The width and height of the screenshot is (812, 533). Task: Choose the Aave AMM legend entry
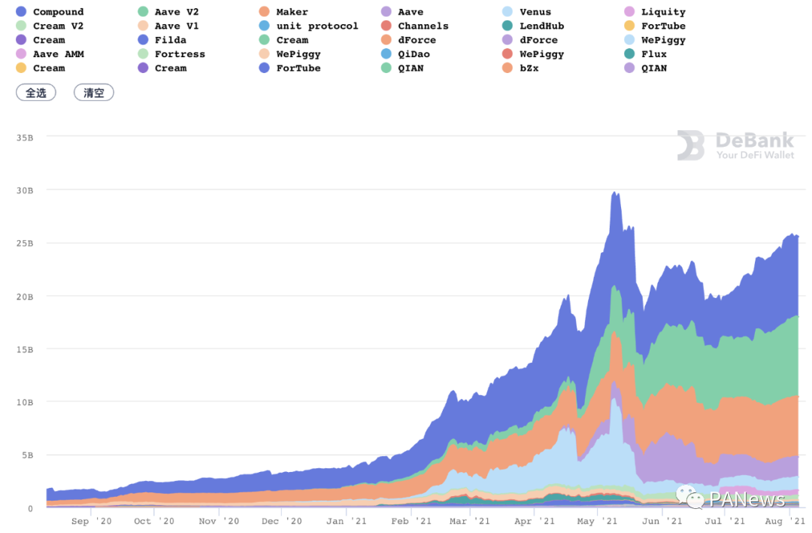click(58, 54)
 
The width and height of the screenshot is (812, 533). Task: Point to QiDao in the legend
click(414, 54)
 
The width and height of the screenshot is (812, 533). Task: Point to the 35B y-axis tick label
click(26, 138)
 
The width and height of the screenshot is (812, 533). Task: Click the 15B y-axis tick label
click(26, 349)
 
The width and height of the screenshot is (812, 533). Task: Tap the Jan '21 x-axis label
click(347, 521)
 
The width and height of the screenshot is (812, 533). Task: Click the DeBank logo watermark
click(735, 145)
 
